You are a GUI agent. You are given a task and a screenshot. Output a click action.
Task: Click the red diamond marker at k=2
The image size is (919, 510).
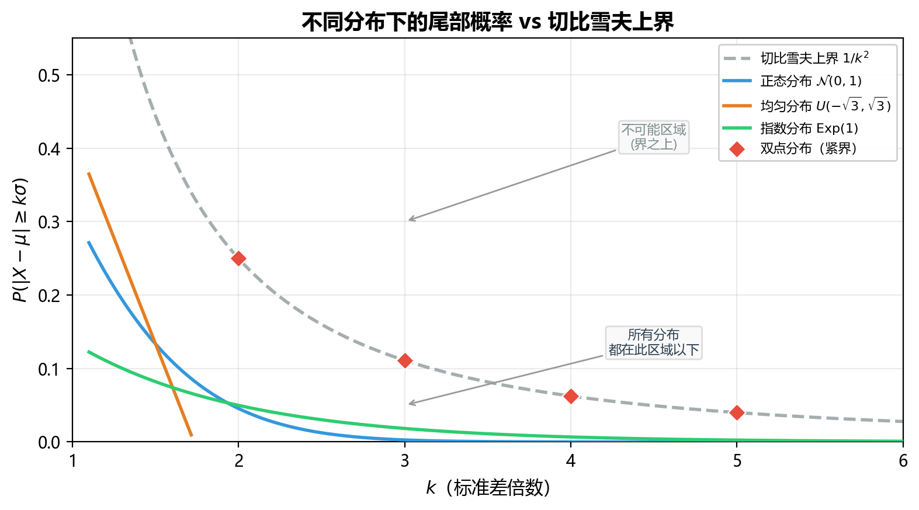tap(238, 258)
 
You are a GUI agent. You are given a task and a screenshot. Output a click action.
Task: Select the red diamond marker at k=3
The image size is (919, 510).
tap(405, 360)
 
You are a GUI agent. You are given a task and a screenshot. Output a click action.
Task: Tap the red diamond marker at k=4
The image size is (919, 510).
tap(571, 396)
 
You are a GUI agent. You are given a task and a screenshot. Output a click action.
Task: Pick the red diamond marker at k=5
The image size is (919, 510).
tap(737, 412)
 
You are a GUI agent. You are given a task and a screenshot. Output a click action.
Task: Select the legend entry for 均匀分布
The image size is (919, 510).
tap(807, 106)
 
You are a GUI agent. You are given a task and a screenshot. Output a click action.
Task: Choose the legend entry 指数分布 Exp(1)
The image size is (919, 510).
tap(790, 129)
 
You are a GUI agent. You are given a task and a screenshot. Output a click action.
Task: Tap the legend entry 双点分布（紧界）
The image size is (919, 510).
tap(789, 148)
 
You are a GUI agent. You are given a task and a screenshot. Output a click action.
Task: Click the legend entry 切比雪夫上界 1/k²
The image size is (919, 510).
tap(796, 58)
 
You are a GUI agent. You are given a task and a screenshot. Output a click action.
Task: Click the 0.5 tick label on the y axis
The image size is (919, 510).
tap(49, 75)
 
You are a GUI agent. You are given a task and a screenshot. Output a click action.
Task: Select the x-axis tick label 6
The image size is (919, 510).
tap(903, 461)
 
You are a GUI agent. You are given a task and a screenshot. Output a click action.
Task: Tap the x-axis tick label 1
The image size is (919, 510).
tap(72, 461)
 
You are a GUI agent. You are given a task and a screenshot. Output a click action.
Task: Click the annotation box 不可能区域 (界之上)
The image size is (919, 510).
tap(654, 137)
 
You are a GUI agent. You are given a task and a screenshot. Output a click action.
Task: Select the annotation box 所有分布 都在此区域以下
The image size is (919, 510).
tap(654, 342)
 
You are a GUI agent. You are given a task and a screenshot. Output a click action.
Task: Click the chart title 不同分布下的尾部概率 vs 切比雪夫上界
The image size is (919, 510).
tap(487, 22)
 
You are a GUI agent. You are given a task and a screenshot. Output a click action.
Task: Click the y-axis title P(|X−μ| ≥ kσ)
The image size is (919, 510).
tap(20, 240)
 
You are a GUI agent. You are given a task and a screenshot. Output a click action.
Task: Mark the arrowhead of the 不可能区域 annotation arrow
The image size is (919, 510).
tap(409, 220)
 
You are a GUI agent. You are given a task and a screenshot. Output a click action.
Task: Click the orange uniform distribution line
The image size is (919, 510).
tap(140, 304)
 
